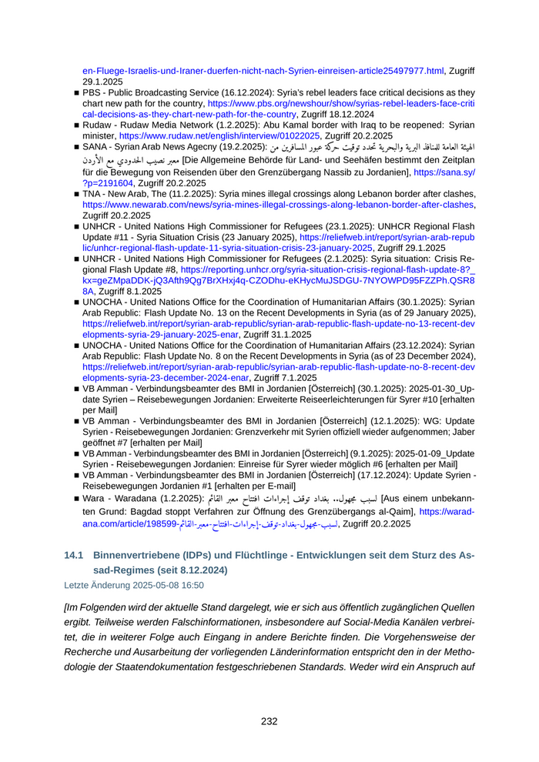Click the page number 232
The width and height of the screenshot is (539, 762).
pos(269,721)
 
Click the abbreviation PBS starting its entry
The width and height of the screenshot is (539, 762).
pos(94,91)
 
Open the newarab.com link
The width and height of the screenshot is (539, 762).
pos(277,206)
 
